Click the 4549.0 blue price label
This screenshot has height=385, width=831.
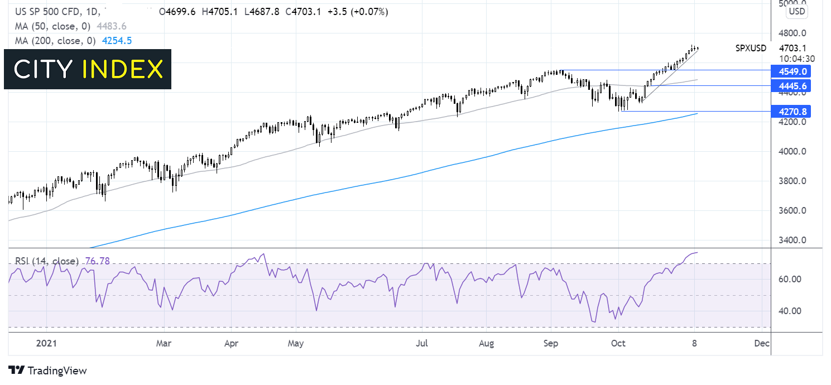coord(791,71)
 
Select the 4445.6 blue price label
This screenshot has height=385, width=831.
coord(791,86)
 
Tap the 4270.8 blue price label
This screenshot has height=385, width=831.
coord(791,111)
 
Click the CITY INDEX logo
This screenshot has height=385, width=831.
coord(88,69)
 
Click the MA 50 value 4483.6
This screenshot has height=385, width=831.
coord(111,26)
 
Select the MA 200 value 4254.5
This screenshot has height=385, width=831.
coord(117,41)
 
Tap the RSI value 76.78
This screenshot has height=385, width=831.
coord(97,261)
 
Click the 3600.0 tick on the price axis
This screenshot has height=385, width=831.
coord(792,211)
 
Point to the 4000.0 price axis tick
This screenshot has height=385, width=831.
coord(792,151)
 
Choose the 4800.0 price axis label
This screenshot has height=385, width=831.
coord(792,33)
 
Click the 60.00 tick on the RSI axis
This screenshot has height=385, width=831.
coord(790,280)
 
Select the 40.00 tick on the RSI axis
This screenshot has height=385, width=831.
coord(790,311)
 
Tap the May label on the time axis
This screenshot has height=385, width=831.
coord(295,344)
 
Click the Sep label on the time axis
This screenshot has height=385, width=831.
coord(550,344)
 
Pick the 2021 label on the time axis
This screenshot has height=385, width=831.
coord(46,344)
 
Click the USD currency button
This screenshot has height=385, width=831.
coord(797,12)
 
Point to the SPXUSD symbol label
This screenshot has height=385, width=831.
coord(751,48)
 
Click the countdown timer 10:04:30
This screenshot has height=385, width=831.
coord(797,59)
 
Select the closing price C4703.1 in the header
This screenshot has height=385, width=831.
coord(303,12)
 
